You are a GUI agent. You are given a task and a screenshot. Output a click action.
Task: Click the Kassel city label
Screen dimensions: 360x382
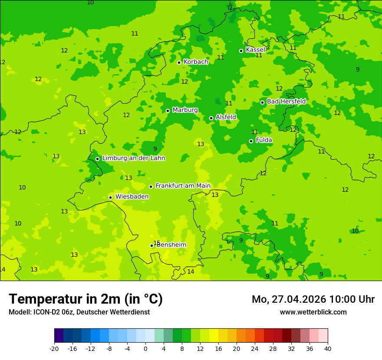tap(255, 50)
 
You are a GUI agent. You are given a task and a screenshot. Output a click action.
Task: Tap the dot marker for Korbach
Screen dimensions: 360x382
tap(179, 62)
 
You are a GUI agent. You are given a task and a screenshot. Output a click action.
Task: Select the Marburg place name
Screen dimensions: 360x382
tap(185, 110)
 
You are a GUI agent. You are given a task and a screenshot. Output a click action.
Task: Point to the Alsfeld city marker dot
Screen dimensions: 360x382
tap(211, 118)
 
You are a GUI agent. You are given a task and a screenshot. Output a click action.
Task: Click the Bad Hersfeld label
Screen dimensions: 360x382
tap(286, 101)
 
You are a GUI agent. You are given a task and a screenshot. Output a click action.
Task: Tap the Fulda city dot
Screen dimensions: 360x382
tap(251, 141)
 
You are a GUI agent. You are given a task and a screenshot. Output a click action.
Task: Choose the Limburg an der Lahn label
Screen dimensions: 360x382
tap(133, 158)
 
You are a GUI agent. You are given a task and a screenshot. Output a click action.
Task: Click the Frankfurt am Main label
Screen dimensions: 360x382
tap(183, 186)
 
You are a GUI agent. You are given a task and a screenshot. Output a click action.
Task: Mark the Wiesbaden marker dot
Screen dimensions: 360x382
tap(110, 197)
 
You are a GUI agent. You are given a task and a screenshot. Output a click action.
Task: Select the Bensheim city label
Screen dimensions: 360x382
tap(171, 245)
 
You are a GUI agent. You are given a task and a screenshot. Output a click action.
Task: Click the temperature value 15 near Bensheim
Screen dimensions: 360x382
tap(157, 243)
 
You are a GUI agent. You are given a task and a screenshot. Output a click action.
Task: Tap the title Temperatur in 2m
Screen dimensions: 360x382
tap(86, 299)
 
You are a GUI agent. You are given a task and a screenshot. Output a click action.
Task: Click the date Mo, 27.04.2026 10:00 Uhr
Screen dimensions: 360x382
tap(313, 299)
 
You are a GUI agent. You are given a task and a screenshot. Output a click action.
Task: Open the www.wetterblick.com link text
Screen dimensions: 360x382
tap(313, 312)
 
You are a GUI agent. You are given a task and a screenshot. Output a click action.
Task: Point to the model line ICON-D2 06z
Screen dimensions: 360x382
tap(79, 312)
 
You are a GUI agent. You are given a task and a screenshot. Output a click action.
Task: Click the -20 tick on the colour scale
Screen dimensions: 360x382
tap(54, 349)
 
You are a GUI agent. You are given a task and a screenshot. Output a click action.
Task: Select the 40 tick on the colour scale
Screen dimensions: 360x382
tap(328, 349)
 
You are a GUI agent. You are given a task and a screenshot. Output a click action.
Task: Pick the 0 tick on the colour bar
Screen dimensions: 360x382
tap(145, 349)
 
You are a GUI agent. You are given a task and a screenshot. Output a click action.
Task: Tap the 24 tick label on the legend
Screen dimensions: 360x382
tap(255, 349)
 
